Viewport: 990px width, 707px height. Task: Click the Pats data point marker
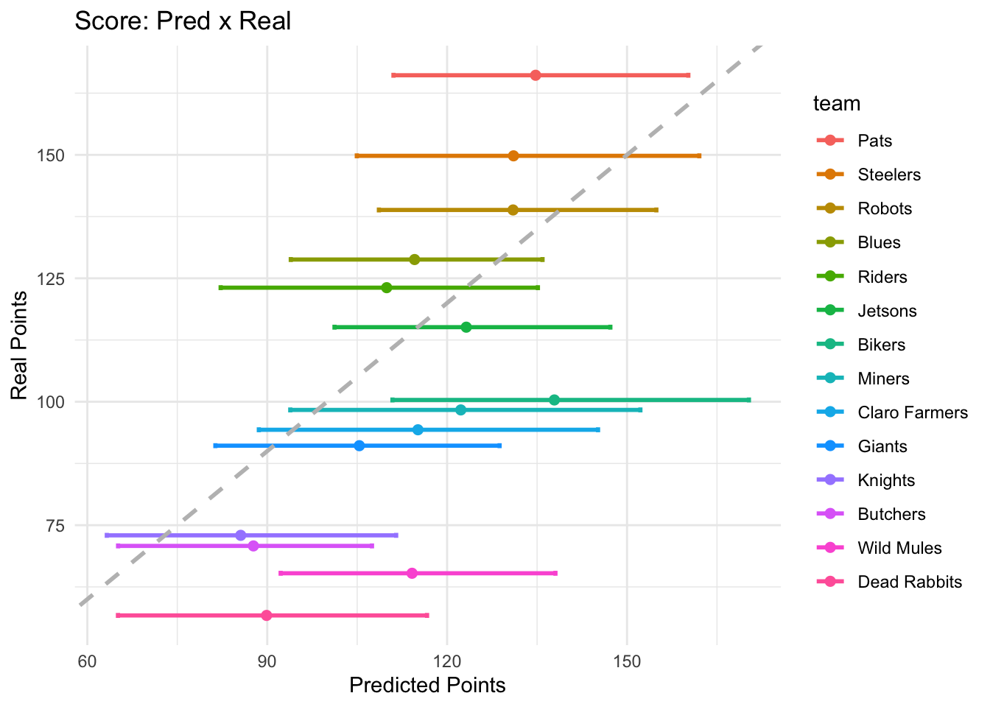pyautogui.click(x=536, y=75)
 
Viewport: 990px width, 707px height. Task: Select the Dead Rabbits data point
pyautogui.click(x=267, y=615)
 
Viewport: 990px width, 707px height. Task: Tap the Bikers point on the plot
pyautogui.click(x=554, y=400)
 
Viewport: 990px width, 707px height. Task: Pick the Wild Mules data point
pyautogui.click(x=412, y=573)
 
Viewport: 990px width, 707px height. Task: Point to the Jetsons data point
pyautogui.click(x=466, y=327)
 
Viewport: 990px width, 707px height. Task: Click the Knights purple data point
pyautogui.click(x=240, y=535)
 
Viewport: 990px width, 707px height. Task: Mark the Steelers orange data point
pyautogui.click(x=513, y=155)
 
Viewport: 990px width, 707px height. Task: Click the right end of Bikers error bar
pyautogui.click(x=749, y=400)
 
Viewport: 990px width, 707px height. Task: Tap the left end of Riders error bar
pyautogui.click(x=220, y=287)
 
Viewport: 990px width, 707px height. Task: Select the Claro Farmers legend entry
pyautogui.click(x=912, y=412)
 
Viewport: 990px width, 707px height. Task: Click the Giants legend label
pyautogui.click(x=882, y=446)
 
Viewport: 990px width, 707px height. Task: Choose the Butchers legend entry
pyautogui.click(x=891, y=514)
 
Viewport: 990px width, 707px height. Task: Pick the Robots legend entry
pyautogui.click(x=885, y=208)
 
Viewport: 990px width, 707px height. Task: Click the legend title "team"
pyautogui.click(x=837, y=104)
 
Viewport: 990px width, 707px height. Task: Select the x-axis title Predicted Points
pyautogui.click(x=427, y=686)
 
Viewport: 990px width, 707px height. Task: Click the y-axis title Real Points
pyautogui.click(x=20, y=345)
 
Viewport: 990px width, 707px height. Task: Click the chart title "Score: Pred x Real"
pyautogui.click(x=183, y=21)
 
